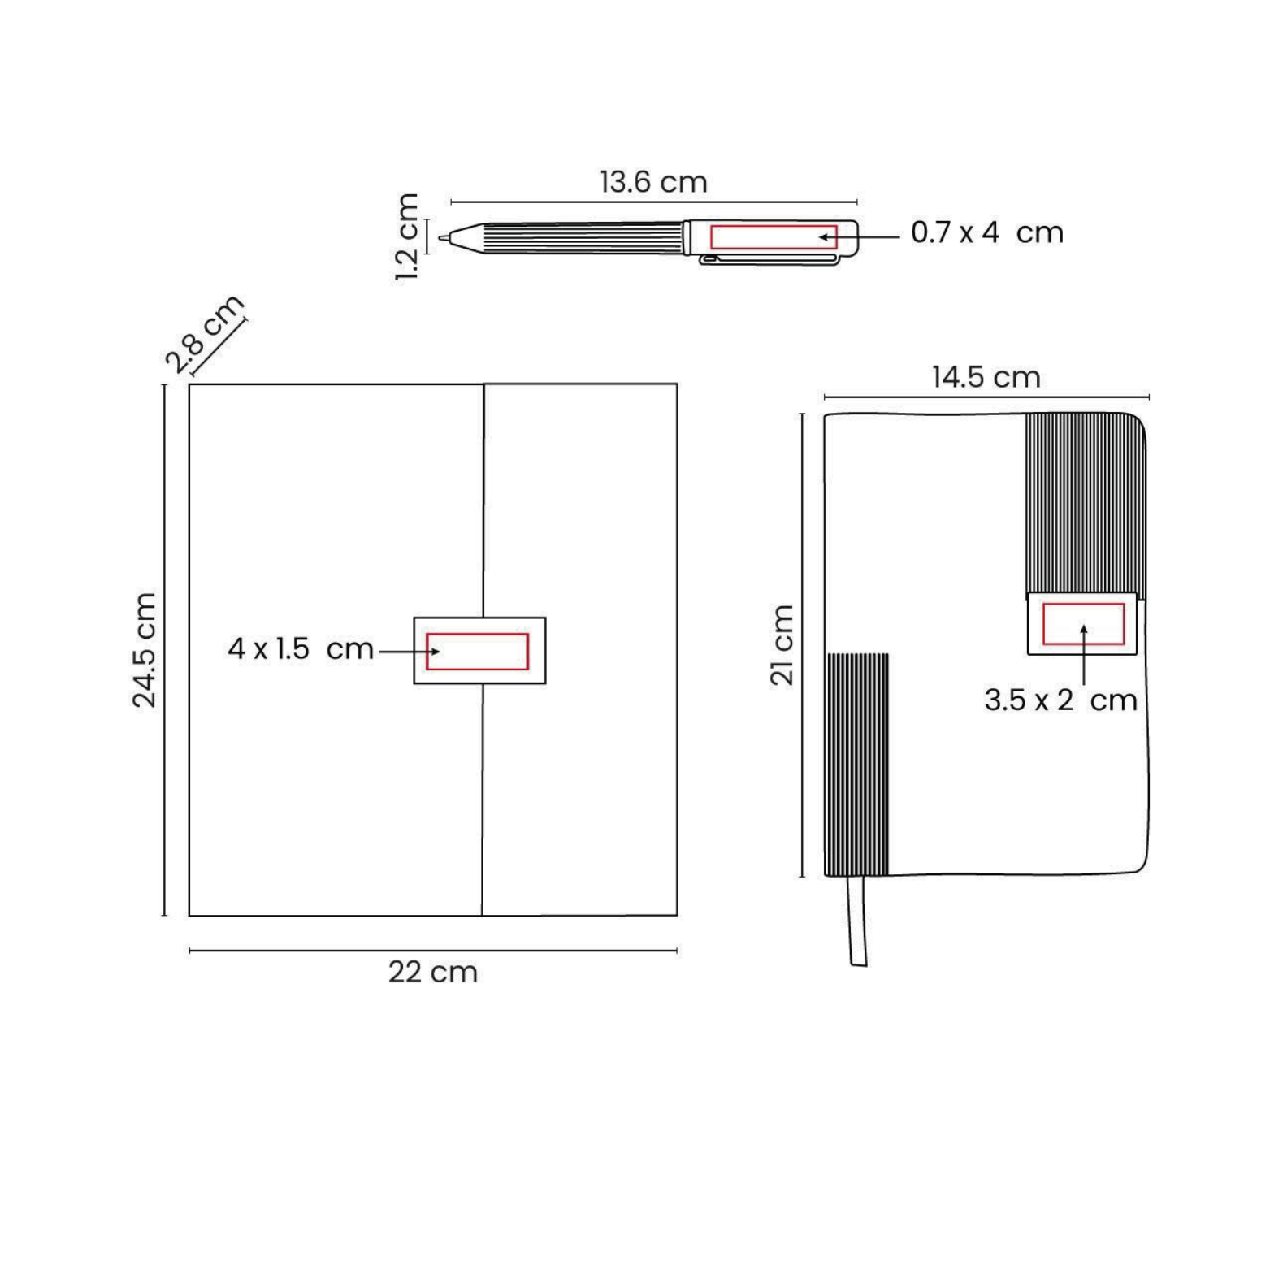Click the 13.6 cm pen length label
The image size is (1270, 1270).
pyautogui.click(x=653, y=182)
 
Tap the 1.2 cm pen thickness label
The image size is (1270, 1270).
pyautogui.click(x=406, y=236)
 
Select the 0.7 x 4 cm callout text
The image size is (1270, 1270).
pyautogui.click(x=986, y=232)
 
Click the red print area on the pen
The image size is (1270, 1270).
pyautogui.click(x=774, y=236)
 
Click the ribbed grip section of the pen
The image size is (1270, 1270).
pyautogui.click(x=583, y=238)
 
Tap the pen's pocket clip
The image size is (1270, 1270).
pyautogui.click(x=769, y=260)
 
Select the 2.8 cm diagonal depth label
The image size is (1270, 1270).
pyautogui.click(x=204, y=333)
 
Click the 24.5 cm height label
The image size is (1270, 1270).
pyautogui.click(x=145, y=650)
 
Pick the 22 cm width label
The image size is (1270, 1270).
pyautogui.click(x=432, y=972)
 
